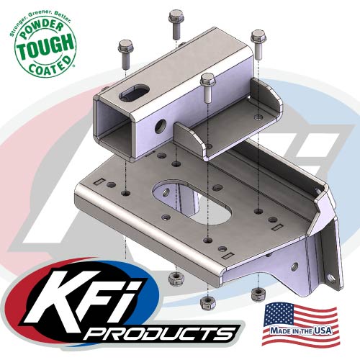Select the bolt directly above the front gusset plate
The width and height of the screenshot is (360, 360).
pyautogui.click(x=207, y=86)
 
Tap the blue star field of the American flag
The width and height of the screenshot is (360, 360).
pyautogui.click(x=279, y=313)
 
